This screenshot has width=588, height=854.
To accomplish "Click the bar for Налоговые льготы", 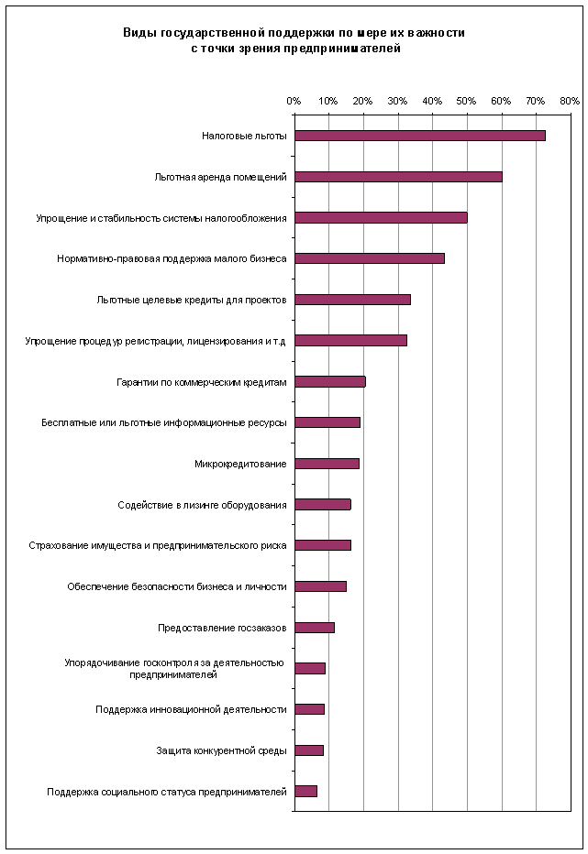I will (419, 136).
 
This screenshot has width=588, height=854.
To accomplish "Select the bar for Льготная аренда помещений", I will (398, 177).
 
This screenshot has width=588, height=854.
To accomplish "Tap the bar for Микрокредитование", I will (327, 464).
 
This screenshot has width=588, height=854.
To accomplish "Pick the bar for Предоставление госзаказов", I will (315, 628).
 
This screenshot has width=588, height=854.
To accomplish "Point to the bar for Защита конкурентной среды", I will (309, 750).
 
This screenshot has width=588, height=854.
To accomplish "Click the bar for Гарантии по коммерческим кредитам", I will (329, 382).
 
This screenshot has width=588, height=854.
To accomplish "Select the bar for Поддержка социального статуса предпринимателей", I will (305, 791).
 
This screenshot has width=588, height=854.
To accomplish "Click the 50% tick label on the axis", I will (467, 101).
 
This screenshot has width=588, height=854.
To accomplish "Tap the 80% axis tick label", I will (570, 101).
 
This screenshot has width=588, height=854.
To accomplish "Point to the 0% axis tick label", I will (294, 101).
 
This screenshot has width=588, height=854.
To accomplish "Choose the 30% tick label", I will (397, 101).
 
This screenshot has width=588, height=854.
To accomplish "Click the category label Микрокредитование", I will (240, 464).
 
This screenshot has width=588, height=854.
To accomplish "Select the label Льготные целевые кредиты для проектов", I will (192, 300).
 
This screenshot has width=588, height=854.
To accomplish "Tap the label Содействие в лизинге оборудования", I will (202, 505).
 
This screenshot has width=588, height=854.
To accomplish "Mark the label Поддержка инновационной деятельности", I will (191, 709).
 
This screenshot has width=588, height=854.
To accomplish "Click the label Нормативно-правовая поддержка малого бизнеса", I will (172, 258).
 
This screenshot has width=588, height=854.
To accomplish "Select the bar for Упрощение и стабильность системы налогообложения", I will (381, 218).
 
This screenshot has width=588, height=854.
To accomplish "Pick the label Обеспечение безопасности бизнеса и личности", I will (177, 586).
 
